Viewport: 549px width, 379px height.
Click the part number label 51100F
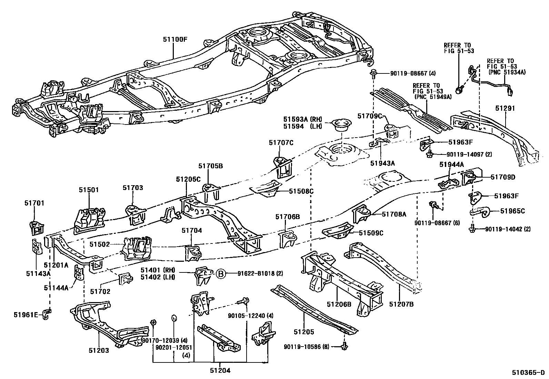175,39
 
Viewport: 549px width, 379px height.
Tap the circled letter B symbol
221,274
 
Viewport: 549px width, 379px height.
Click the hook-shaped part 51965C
481,212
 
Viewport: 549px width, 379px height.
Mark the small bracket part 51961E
47,315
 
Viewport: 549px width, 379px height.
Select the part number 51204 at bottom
220,371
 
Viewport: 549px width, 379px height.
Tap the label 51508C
301,191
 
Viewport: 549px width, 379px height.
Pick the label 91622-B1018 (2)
260,274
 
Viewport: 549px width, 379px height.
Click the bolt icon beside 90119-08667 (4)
373,73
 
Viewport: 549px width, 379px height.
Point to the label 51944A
451,165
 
